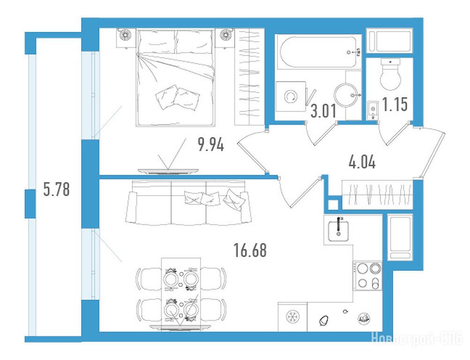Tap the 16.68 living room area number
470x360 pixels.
coord(250,250)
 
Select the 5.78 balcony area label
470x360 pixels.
coord(56,189)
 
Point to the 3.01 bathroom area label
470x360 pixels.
coord(323,111)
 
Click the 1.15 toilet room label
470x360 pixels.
coord(395,105)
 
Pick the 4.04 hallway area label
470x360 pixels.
coord(362,163)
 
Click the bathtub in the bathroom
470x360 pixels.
coord(319,52)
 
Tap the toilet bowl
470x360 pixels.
coord(390,74)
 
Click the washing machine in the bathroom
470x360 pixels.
coord(291,97)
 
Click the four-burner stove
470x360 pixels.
coord(367,276)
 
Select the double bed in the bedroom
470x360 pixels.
coord(176,77)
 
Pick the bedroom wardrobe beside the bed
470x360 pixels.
coord(249,77)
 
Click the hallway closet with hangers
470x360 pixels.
coord(378,195)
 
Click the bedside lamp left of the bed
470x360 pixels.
coord(124,35)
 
